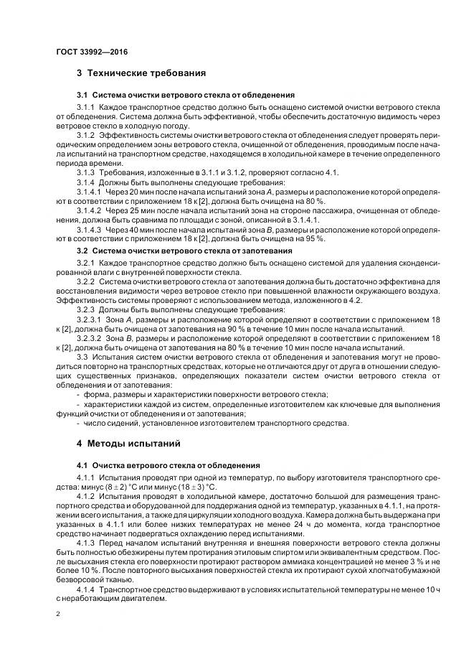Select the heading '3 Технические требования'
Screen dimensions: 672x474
click(141, 73)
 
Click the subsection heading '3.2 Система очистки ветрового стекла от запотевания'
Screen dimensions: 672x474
click(184, 251)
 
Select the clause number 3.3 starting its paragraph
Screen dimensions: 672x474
click(83, 356)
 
